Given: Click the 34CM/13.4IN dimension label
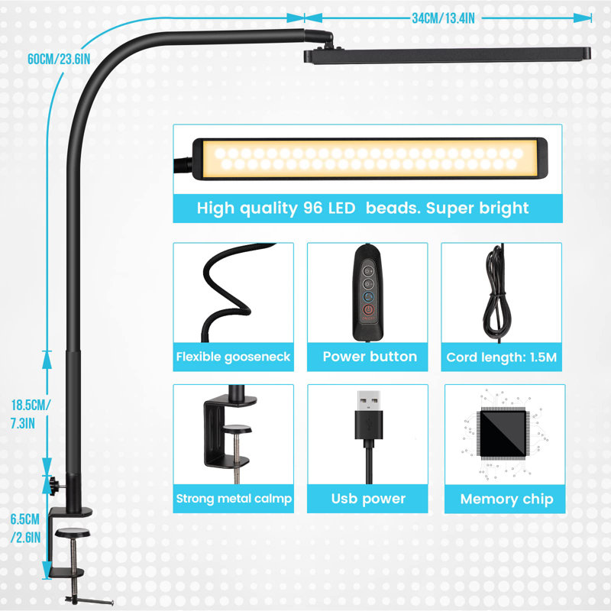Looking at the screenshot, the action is pos(444,18).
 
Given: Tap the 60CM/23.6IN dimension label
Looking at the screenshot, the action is pos(59,60).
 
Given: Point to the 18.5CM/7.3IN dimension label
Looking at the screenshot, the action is pos(31,414).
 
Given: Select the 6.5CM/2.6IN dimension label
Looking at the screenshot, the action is pos(25,529).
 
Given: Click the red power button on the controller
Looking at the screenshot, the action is pos(368,311).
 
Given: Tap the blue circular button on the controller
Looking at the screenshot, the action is pos(368,297).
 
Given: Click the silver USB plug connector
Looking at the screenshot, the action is pos(369,400).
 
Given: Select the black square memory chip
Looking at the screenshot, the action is pos(503,434).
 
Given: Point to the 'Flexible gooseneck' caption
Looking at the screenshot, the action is pos(233,357).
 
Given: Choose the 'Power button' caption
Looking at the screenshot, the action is pos(370,357).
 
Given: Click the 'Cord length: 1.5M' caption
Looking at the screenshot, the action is pos(502,357).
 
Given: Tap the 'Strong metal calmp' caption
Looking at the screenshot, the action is pos(234,499).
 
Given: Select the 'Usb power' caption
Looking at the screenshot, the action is pos(368,499).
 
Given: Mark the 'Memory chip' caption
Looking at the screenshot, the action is pos(506,499).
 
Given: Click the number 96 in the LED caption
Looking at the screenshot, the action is pos(313,208).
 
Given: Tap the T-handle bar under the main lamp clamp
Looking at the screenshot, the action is pos(89,600).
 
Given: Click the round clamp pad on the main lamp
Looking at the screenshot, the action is pos(73,532).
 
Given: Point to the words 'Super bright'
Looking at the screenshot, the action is pos(477,209).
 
